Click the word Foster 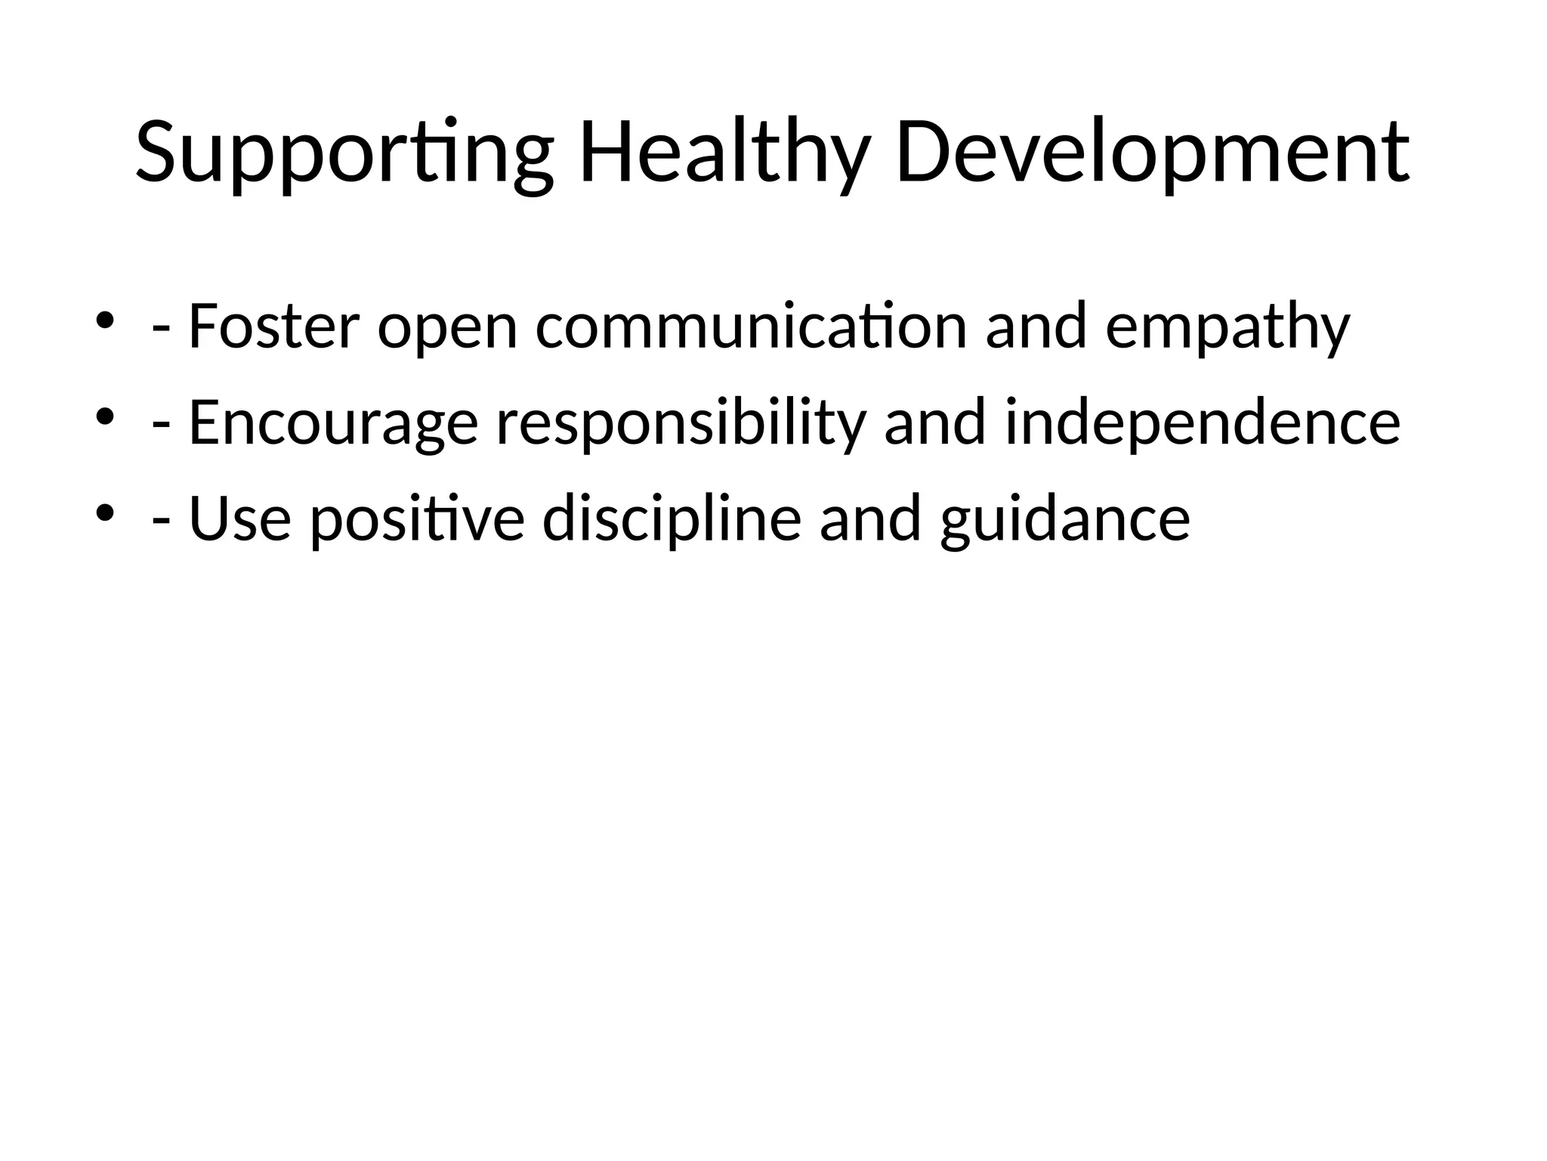click(x=273, y=327)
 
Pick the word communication click(x=751, y=327)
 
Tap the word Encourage click(x=333, y=423)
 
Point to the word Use click(x=239, y=520)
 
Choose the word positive click(x=417, y=522)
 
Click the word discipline click(x=672, y=520)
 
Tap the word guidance click(x=1065, y=522)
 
